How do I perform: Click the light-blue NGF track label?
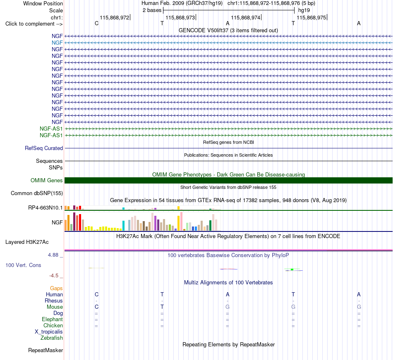(x=57, y=43)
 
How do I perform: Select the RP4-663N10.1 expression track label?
(x=46, y=208)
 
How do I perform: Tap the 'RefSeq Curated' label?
(x=44, y=148)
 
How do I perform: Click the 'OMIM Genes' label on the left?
(x=47, y=181)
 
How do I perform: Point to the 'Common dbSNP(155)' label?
(x=37, y=193)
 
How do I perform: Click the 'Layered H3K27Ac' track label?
(x=27, y=242)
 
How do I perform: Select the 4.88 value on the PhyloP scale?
(x=53, y=255)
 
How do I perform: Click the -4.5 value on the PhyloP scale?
(x=54, y=276)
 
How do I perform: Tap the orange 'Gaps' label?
(x=56, y=288)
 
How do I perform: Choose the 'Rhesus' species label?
(x=54, y=300)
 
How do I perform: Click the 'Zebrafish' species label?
(x=52, y=338)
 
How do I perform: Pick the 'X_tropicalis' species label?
(x=49, y=332)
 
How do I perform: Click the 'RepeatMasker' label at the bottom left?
(x=46, y=350)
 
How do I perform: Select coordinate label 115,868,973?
(x=180, y=17)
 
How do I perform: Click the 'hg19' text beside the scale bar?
(x=304, y=10)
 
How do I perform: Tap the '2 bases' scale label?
(x=152, y=10)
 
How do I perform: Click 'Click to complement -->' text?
(x=34, y=24)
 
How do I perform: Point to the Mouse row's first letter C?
(x=96, y=307)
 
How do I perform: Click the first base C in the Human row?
(x=96, y=294)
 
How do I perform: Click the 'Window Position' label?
(x=43, y=3)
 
